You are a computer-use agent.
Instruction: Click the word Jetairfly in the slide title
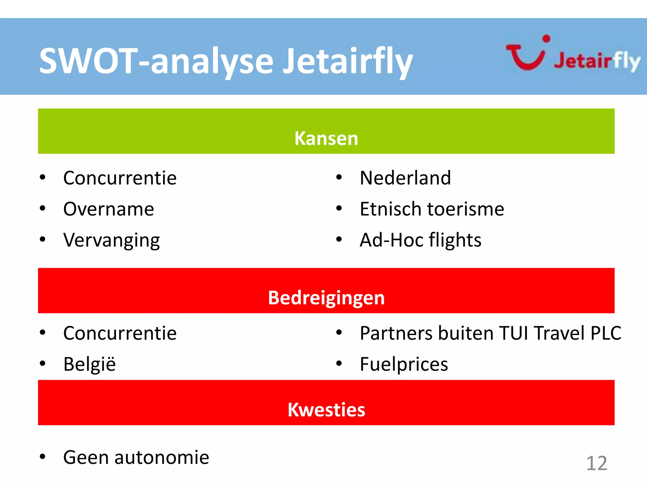[348, 61]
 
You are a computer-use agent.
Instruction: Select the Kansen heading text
[326, 138]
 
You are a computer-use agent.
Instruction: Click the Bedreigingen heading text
[326, 298]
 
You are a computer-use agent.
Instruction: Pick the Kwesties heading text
[326, 410]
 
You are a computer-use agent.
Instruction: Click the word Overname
[108, 209]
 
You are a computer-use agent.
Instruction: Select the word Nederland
[405, 178]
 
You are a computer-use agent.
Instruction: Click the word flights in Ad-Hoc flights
[455, 240]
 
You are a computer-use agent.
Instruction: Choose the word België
[89, 364]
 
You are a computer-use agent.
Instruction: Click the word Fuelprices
[404, 364]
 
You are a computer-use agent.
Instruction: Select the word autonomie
[161, 457]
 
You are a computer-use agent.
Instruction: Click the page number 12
[596, 463]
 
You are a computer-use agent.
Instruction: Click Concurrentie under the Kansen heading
[120, 178]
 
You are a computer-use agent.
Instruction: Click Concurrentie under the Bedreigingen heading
[120, 333]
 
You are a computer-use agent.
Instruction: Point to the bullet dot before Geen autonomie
[43, 456]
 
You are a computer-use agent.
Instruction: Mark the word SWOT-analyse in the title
[156, 61]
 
